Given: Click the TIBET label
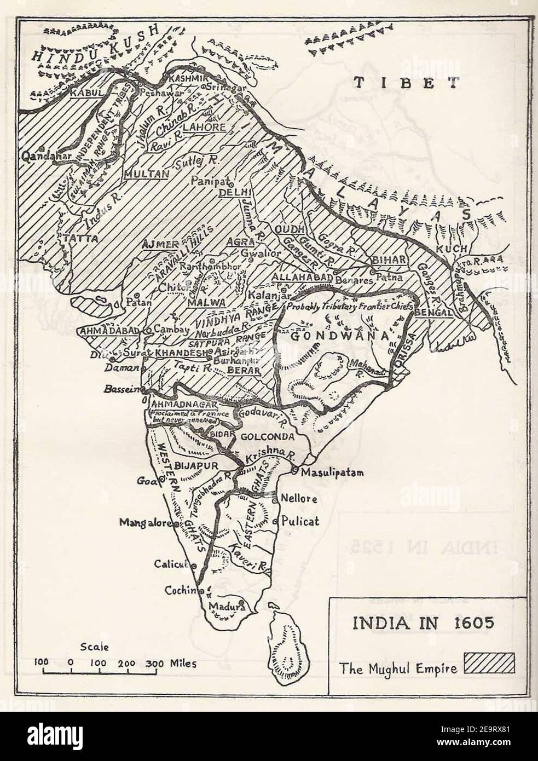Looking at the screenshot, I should click(x=405, y=83).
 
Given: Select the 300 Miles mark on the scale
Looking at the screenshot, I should click(x=170, y=662).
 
